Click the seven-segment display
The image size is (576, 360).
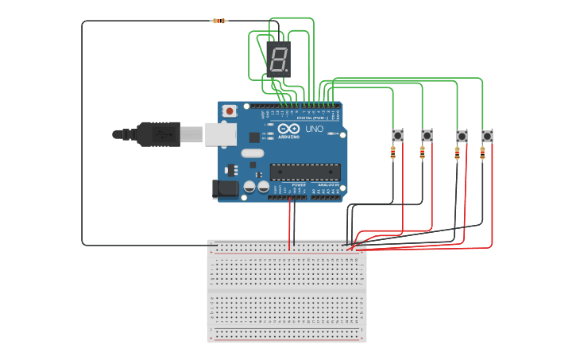pos(279,60)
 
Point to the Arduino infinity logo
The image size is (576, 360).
pos(288,129)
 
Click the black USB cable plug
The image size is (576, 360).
pos(159,134)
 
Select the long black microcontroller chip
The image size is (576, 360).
pos(305,172)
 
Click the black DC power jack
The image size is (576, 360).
pos(226,189)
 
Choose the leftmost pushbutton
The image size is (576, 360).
pos(397,135)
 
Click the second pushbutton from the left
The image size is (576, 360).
pos(427,135)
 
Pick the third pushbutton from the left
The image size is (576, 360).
pos(462,136)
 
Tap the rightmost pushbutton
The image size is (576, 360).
pos(487,136)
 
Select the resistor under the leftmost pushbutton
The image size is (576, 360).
pos(393,153)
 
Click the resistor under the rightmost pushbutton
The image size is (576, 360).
pos(482,153)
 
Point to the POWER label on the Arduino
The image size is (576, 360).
pos(298,184)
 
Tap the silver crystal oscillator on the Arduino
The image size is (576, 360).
pos(251,153)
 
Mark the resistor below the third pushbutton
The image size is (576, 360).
pos(457,153)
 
